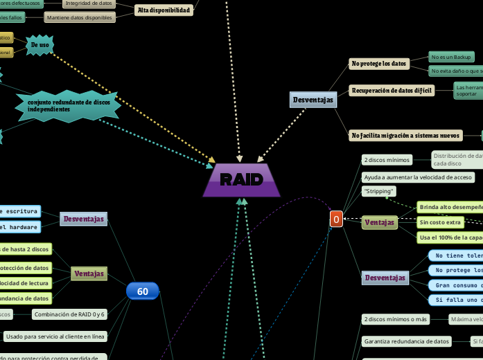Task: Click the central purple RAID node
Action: tap(242, 180)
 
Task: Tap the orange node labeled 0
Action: tap(336, 219)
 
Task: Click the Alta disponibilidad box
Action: tap(164, 10)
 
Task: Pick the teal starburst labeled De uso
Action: tap(39, 45)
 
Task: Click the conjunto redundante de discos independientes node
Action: tap(68, 106)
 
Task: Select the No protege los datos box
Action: tap(379, 64)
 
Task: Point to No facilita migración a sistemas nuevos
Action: tap(405, 136)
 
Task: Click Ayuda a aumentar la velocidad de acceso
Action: tap(418, 177)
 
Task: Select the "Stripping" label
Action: tap(378, 191)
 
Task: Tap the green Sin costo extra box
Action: tap(439, 222)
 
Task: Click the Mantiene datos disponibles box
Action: tap(80, 17)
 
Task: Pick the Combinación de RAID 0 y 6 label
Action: tap(69, 314)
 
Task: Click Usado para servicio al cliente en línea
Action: tap(55, 336)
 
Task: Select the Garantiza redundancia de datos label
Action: tap(406, 341)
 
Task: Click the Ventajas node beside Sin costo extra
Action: tap(380, 222)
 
